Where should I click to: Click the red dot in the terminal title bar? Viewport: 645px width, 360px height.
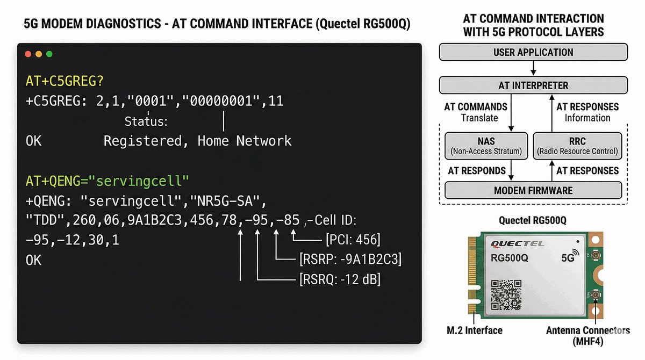coord(28,54)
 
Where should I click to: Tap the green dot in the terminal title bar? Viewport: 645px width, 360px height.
coord(49,54)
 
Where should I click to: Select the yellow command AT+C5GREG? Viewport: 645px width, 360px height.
coord(64,82)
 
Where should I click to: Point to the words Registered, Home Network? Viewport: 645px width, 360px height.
coord(197,141)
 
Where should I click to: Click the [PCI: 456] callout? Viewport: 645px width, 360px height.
coord(353,240)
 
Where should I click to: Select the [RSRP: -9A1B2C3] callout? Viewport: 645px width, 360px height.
coord(350,260)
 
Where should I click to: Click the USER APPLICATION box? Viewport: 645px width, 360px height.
coord(533,53)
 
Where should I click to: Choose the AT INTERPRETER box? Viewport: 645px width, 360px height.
coord(533,85)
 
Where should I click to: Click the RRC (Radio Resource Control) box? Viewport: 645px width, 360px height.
coord(578,146)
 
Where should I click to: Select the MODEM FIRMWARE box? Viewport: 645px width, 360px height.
coord(533,190)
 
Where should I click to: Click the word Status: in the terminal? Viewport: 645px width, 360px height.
coord(146,122)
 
